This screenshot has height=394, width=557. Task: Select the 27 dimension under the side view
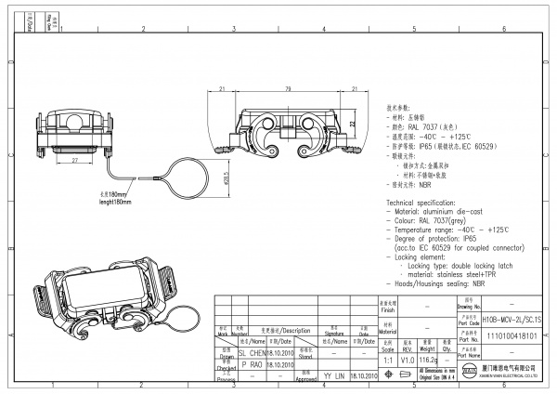pos(75,159)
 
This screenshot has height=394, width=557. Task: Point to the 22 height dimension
pos(354,123)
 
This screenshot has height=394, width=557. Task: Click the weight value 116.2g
pos(428,358)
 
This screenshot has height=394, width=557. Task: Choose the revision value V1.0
pos(405,358)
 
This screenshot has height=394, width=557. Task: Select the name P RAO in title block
pos(253,365)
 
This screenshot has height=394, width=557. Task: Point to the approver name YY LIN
pos(334,376)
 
